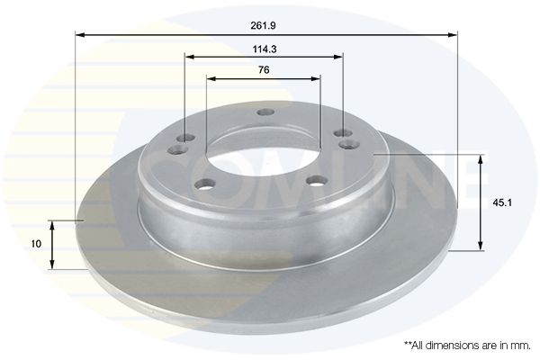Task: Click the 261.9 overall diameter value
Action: (263, 25)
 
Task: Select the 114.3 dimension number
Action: (265, 49)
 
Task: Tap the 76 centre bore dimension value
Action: (264, 70)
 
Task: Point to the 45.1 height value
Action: (502, 202)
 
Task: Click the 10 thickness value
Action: (36, 244)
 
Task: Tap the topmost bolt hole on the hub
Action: (265, 112)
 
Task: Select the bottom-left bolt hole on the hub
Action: (205, 184)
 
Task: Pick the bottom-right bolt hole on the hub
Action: (317, 181)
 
